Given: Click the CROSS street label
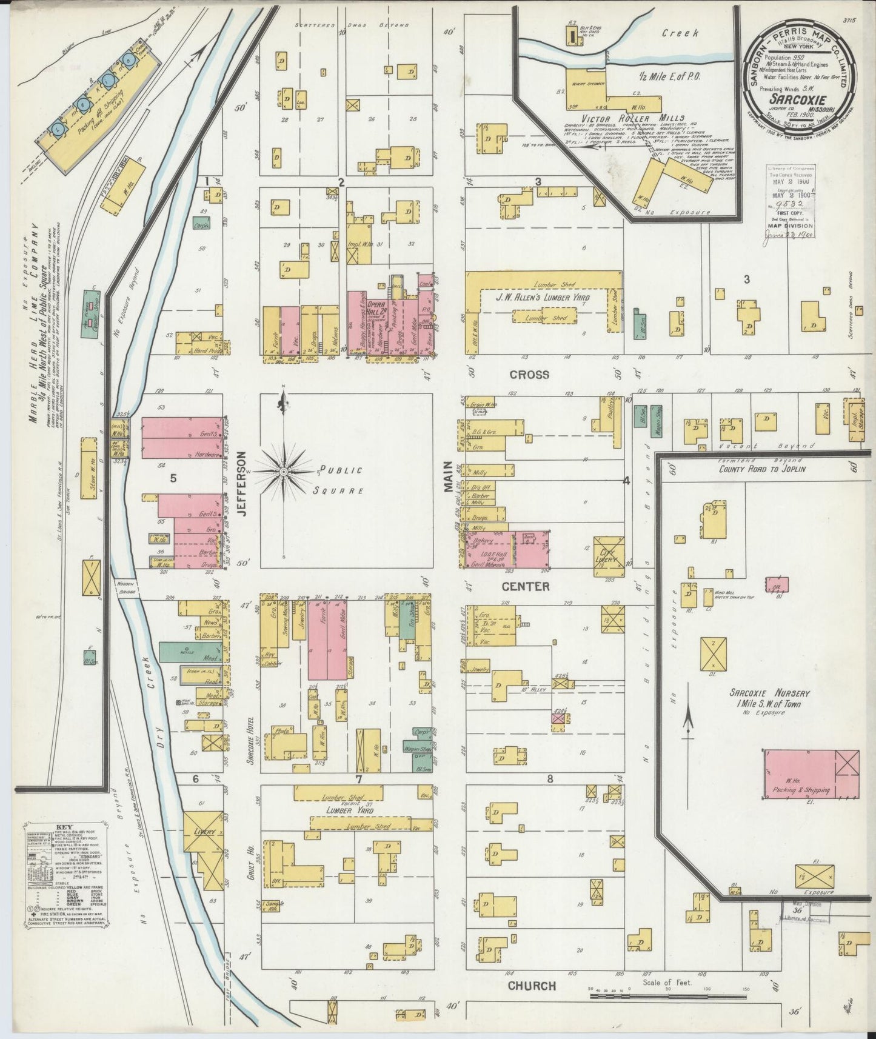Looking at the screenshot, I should [529, 374].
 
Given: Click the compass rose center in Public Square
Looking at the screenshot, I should [284, 471].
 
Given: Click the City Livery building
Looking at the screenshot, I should [609, 555].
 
